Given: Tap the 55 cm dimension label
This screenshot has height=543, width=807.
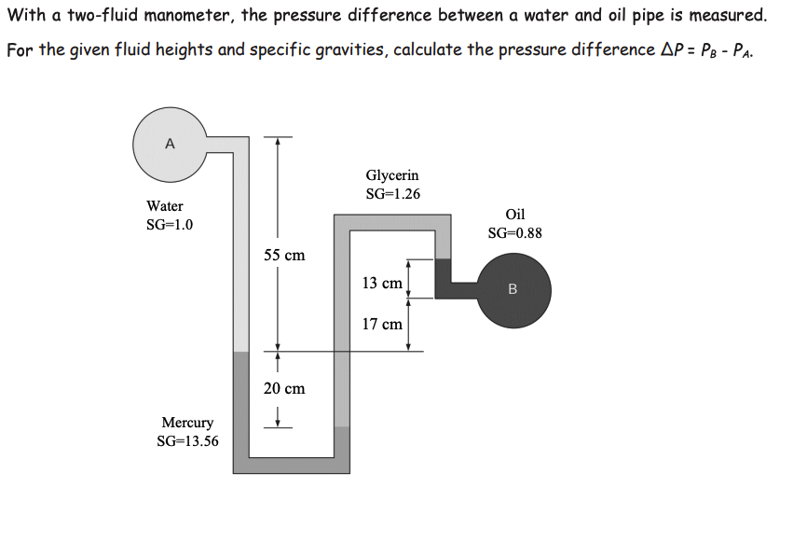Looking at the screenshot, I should (283, 255).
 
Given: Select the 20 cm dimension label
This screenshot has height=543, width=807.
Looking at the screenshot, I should (283, 388).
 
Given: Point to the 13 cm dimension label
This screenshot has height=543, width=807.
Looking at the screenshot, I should (382, 283).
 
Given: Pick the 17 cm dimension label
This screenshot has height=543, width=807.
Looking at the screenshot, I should (382, 325).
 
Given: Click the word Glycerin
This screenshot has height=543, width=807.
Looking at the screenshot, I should (392, 174).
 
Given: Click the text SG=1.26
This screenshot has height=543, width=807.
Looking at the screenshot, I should (392, 194).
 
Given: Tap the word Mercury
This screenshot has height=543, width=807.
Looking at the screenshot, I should (187, 423).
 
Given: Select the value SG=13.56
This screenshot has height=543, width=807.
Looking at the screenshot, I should (187, 441).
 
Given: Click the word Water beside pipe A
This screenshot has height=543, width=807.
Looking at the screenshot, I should (165, 205).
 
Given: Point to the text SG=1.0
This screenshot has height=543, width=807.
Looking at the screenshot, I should (170, 225).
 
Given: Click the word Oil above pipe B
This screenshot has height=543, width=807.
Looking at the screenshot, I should (514, 214).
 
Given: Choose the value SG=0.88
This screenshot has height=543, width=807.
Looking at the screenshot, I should (514, 233).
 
